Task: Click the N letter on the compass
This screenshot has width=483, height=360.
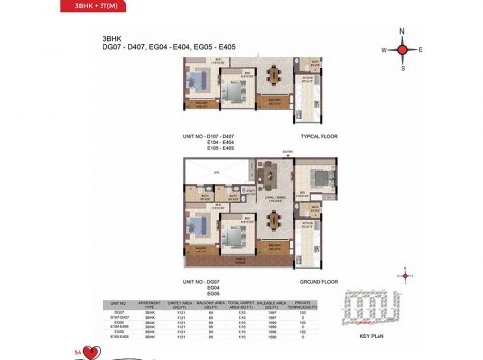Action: click(x=402, y=31)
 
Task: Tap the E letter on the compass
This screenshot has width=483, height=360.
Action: click(x=420, y=48)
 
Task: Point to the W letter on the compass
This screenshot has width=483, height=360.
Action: click(x=384, y=48)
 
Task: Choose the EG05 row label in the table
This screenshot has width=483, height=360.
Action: click(x=120, y=331)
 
